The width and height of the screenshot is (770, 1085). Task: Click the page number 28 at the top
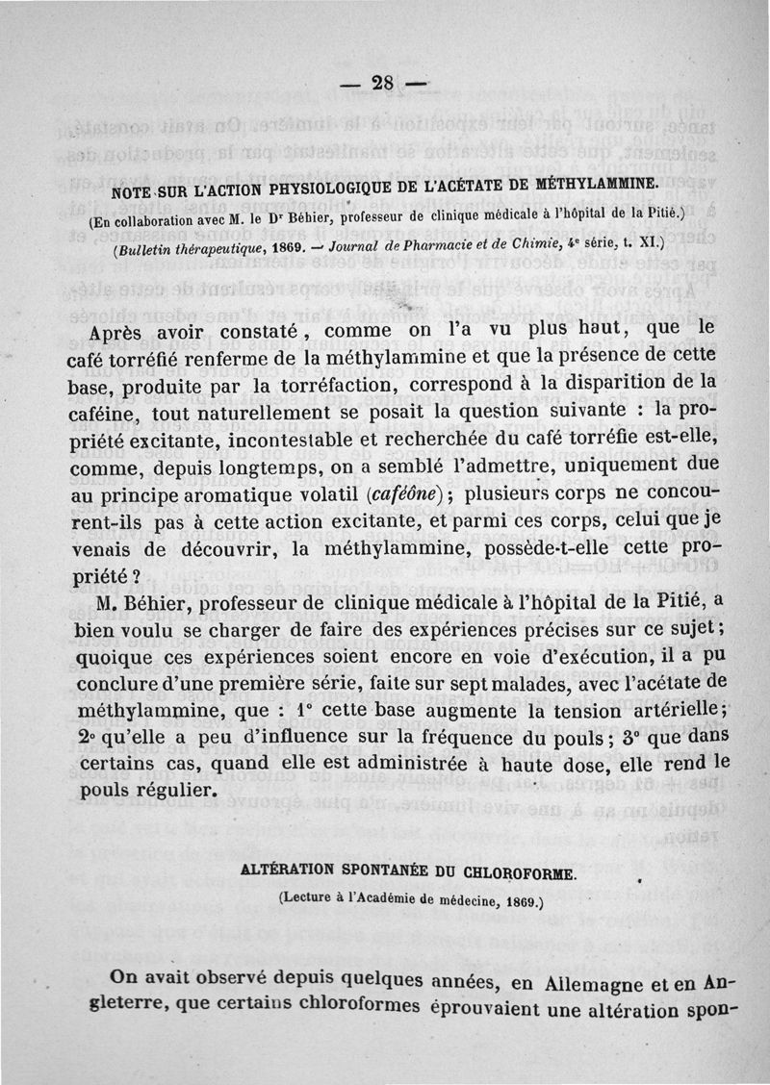click(x=383, y=83)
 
